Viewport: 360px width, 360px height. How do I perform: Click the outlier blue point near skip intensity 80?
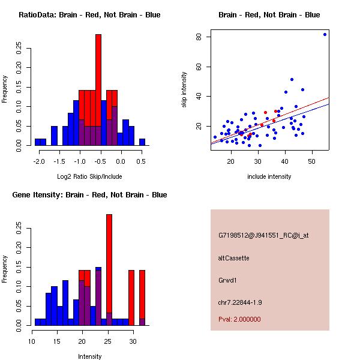tap(325, 34)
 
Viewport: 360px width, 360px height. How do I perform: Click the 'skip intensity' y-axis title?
tap(184, 90)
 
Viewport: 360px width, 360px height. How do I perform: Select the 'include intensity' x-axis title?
tap(269, 176)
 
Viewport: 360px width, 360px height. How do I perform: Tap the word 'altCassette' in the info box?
tap(233, 258)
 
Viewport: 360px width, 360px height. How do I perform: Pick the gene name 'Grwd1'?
tap(228, 280)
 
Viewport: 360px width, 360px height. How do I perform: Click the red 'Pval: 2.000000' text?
tap(239, 319)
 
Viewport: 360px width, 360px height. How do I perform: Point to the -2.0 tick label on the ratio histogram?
tap(39, 161)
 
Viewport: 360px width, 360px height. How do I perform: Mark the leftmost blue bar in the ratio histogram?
tap(40, 142)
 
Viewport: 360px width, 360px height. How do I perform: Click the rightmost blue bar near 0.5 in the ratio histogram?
tap(142, 142)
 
